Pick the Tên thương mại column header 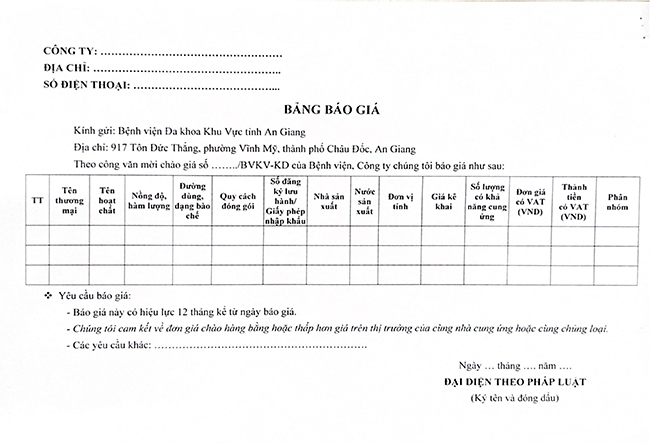(x=70, y=198)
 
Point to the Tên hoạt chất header (x=107, y=198)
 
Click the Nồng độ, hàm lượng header (x=149, y=198)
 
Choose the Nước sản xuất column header (x=366, y=198)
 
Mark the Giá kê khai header (x=443, y=198)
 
